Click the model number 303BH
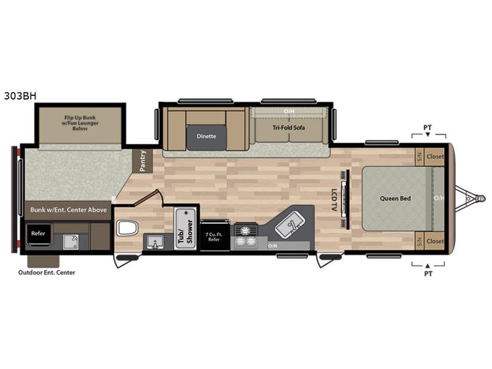click(20, 96)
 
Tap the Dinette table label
click(206, 136)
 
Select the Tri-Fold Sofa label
click(288, 127)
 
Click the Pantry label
click(143, 161)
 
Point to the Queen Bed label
click(395, 198)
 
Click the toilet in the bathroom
click(127, 228)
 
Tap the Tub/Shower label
click(186, 231)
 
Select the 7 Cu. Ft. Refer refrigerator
click(215, 236)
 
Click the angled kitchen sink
click(290, 224)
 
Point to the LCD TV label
click(334, 199)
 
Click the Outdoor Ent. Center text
click(47, 272)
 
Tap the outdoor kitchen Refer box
click(38, 234)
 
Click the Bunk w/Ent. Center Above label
click(68, 210)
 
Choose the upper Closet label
click(435, 156)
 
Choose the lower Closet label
click(435, 241)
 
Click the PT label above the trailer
click(427, 127)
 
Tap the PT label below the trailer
click(428, 274)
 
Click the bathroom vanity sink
click(155, 242)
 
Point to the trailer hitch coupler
click(480, 198)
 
